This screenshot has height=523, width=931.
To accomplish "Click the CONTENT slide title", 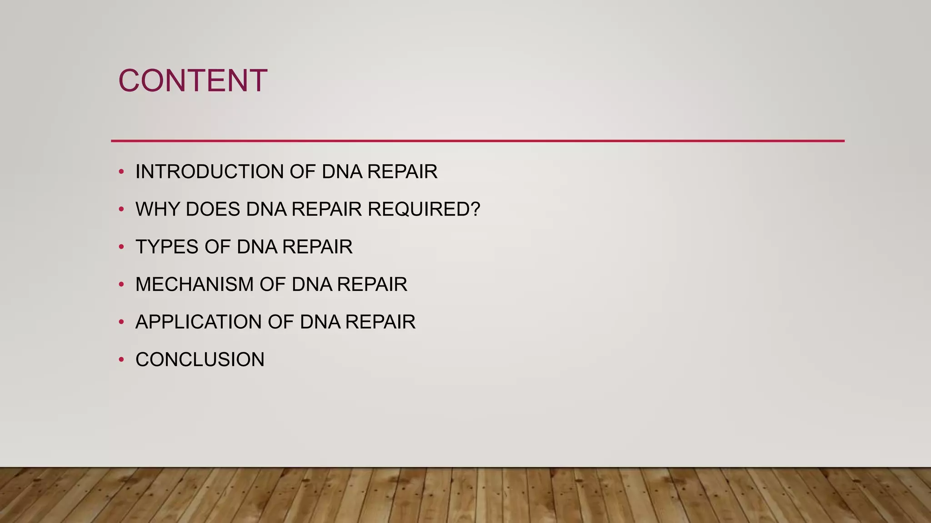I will (193, 81).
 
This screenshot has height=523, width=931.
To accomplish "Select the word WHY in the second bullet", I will (158, 209).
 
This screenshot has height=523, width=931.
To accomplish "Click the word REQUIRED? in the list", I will (424, 209).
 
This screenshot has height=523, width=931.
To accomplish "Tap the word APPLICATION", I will (198, 322).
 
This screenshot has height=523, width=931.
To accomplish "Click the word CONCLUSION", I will (200, 360).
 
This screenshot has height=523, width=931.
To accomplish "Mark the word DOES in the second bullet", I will (213, 209).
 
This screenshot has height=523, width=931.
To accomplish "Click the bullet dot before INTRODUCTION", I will (121, 172).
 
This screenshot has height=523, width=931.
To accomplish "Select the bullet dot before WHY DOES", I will (121, 209).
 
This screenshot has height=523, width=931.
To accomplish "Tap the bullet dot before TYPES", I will (121, 247).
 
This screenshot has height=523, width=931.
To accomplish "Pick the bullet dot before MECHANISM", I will (121, 285).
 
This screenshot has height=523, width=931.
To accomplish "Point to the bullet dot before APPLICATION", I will (121, 322).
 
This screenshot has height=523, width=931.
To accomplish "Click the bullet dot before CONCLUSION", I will (121, 360).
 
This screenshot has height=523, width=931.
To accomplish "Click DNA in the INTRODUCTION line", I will (341, 172).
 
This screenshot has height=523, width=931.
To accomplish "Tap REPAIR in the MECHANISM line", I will (372, 285).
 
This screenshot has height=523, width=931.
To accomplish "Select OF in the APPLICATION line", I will (280, 322).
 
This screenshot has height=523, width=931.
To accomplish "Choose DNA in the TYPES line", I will (257, 247).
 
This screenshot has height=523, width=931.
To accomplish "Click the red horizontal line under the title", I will (477, 141).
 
